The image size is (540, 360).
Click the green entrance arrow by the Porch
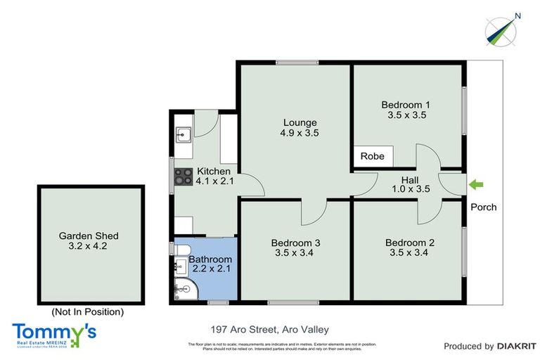point(477,184)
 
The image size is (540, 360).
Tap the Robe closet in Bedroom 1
point(373,156)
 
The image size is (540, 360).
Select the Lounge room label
point(295,122)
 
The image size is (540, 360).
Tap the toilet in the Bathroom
point(180,251)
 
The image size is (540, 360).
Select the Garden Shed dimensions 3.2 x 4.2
point(88,246)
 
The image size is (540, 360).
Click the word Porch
point(484,207)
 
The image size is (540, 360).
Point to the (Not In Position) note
point(88,311)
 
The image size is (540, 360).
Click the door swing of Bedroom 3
point(319,209)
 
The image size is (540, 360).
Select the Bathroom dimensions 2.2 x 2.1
point(210,269)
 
